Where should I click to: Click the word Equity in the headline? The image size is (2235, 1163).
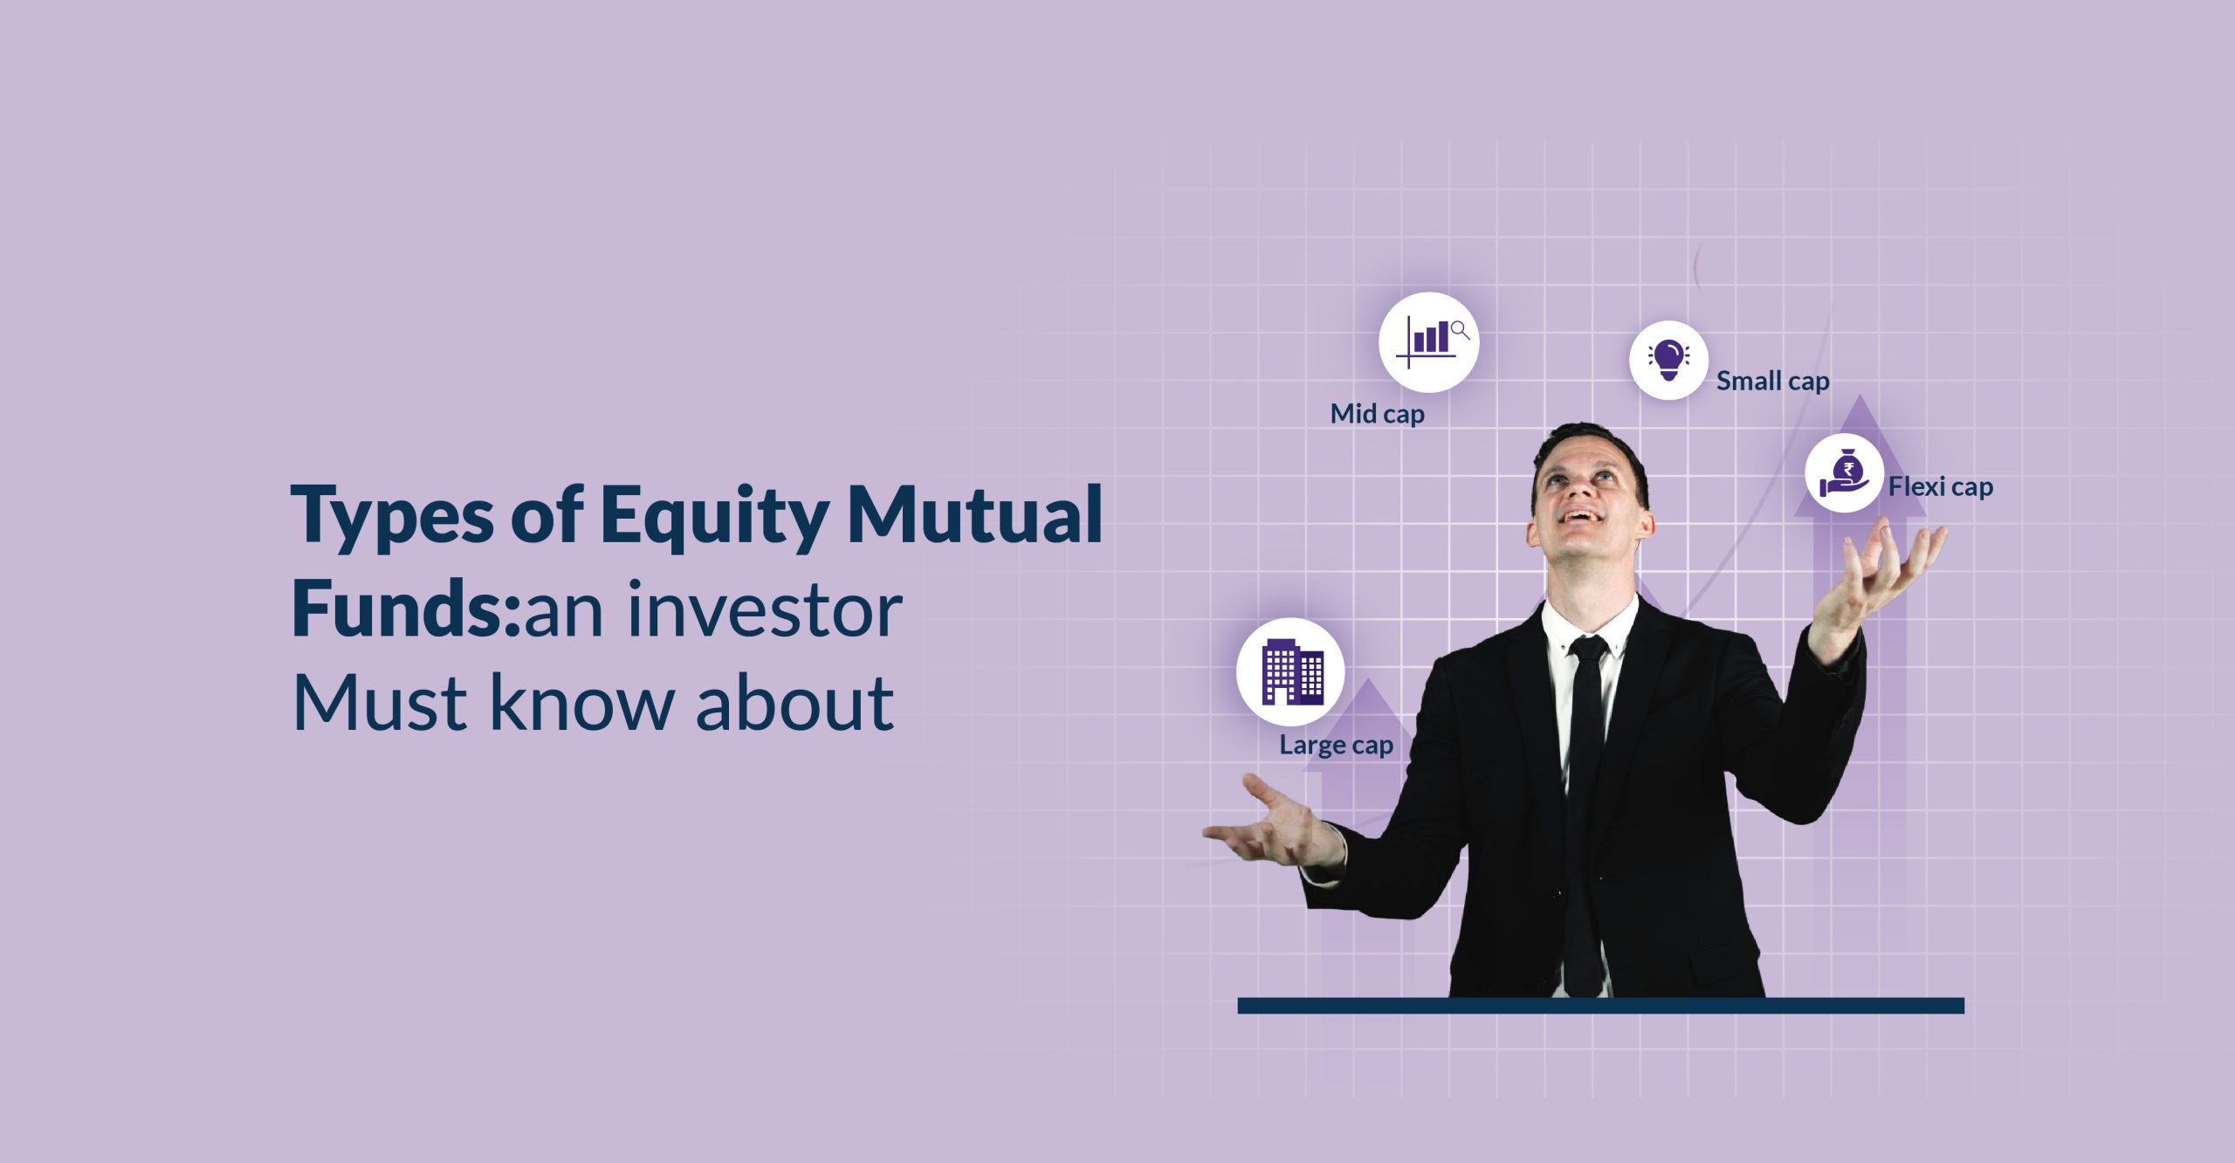click(714, 517)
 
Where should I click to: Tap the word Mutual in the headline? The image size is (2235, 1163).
click(974, 515)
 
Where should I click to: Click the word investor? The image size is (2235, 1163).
click(764, 610)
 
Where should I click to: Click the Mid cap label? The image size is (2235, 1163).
click(1377, 414)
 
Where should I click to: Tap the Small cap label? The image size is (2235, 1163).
click(1772, 382)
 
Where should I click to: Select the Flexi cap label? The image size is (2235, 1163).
click(1940, 487)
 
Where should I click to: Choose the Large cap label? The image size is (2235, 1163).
click(1336, 746)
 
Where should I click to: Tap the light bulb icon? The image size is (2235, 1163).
click(1668, 360)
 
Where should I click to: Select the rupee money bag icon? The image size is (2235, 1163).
click(1843, 473)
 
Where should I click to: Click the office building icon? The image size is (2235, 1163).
click(1290, 671)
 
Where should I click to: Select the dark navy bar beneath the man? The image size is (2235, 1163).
click(1600, 1006)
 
